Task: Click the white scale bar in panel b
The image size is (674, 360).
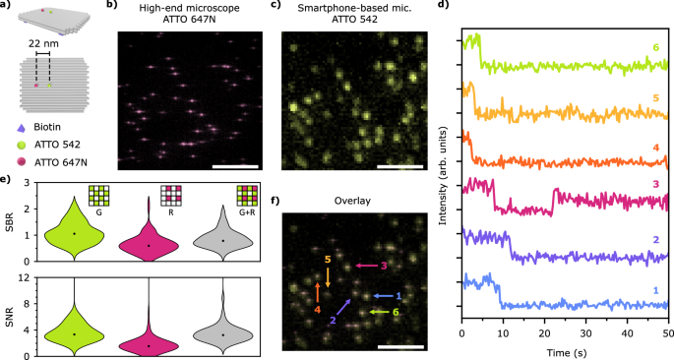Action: pos(239,164)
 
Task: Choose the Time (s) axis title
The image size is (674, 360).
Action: pos(564,351)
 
